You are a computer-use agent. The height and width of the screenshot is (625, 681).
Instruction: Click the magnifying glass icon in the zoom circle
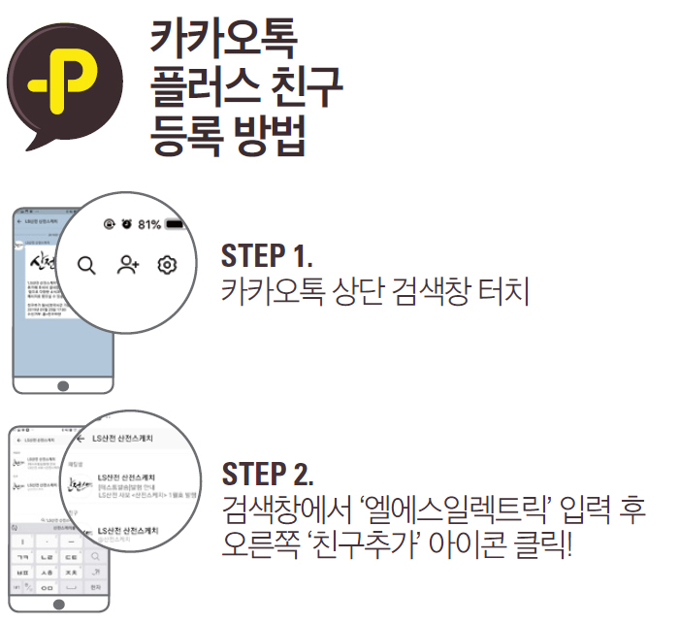pos(87,265)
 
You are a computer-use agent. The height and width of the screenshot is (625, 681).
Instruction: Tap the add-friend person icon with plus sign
pos(128,264)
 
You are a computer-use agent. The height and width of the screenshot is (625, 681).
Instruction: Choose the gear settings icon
pos(168,264)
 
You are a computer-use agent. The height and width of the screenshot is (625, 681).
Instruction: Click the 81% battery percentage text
pos(148,224)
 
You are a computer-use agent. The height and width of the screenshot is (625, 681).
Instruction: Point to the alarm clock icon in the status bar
pos(126,224)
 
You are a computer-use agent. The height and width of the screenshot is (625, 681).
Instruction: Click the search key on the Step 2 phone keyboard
pos(95,556)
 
